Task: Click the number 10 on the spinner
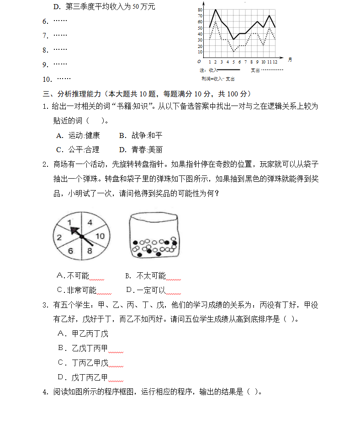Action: pos(101,236)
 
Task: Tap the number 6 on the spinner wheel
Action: pos(70,251)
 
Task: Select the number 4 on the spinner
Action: pos(90,223)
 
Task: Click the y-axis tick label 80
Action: pos(200,10)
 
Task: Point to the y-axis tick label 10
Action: pos(200,51)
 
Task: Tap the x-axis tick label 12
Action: pos(275,61)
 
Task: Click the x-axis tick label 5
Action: pos(233,61)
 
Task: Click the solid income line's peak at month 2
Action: pos(216,10)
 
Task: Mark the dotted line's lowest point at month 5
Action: pos(233,51)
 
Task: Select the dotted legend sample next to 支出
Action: pos(272,70)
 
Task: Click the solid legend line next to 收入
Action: pos(228,70)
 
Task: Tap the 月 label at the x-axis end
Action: pos(290,59)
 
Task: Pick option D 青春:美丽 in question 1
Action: pos(141,149)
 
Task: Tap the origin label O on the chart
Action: pos(199,61)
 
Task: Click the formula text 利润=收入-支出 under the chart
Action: pos(218,79)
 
